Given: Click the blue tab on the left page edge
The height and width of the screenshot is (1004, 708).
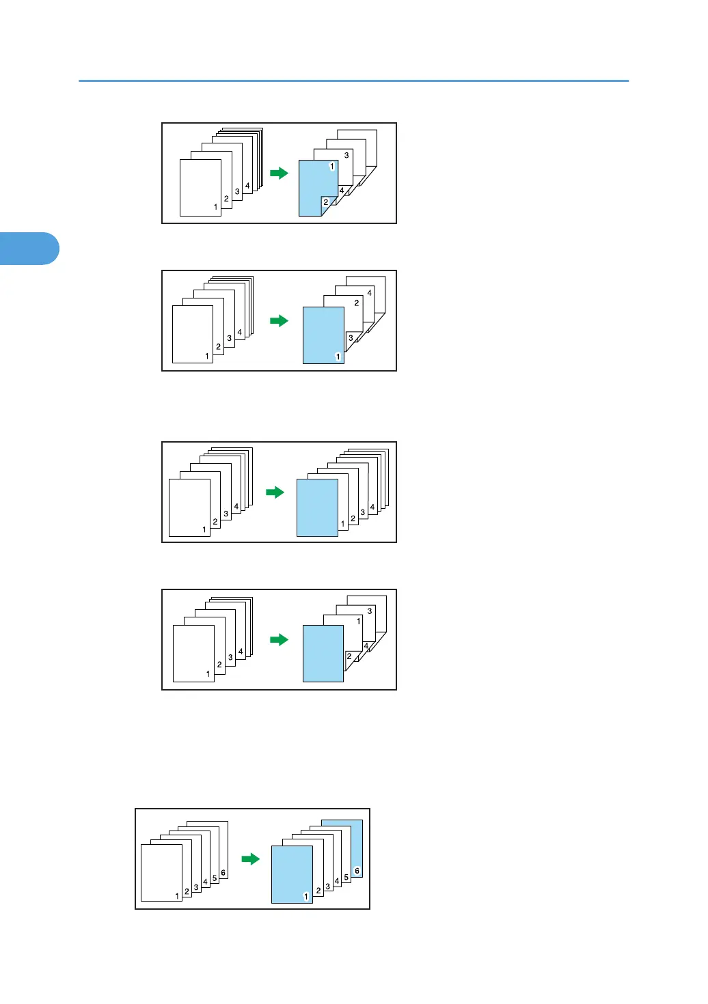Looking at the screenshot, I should [x=29, y=249].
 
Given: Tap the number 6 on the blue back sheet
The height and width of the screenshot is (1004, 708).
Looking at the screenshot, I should [x=357, y=871].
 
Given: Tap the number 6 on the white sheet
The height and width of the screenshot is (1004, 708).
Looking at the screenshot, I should [x=223, y=873].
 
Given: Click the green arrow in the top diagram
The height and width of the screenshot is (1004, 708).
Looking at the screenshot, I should [x=279, y=173].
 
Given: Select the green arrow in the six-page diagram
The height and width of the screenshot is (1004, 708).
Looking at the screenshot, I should [x=251, y=859].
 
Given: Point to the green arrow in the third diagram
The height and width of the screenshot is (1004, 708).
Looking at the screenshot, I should [x=275, y=492].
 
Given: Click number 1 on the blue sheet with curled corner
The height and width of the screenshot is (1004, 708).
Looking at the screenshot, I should [x=332, y=167].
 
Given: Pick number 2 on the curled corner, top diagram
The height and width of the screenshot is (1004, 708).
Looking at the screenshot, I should [x=325, y=202].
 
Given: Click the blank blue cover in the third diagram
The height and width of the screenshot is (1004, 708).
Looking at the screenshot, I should [x=317, y=507].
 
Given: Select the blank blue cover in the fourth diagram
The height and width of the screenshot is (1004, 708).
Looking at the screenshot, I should [x=323, y=653].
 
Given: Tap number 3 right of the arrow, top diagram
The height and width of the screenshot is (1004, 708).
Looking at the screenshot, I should [x=346, y=156].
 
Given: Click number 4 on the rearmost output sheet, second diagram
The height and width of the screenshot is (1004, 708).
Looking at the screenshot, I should [x=370, y=293].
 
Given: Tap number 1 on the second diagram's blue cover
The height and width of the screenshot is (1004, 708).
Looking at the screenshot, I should [x=338, y=357].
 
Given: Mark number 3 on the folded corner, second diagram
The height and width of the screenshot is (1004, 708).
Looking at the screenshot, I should [x=351, y=338].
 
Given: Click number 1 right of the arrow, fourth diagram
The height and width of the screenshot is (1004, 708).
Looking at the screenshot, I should [x=359, y=622].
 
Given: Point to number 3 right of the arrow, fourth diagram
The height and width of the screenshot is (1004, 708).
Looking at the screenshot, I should [x=370, y=611].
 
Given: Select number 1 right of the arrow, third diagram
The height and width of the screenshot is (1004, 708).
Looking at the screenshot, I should [x=343, y=524].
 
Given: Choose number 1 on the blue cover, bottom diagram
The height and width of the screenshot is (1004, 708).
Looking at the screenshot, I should [x=305, y=897].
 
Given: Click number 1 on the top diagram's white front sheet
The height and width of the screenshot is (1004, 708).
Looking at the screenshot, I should [x=215, y=207].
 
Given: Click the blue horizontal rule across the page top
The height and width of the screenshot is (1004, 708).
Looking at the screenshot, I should [x=353, y=81].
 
